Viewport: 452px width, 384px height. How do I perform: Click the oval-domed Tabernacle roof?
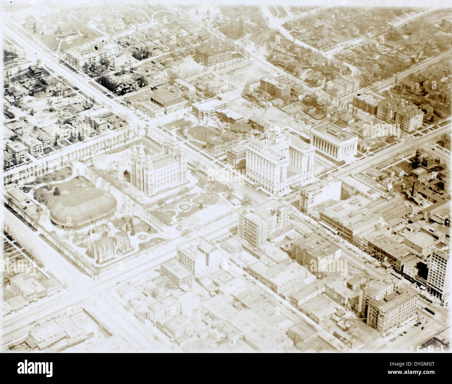tap(83, 208)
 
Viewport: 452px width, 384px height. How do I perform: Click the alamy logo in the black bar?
tap(35, 368)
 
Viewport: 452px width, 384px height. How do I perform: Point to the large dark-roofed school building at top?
tap(213, 54)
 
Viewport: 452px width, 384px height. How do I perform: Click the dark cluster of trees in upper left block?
tap(118, 83)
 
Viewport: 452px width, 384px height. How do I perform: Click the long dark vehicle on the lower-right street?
tap(430, 310)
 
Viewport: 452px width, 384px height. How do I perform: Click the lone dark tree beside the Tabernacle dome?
tap(56, 191)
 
